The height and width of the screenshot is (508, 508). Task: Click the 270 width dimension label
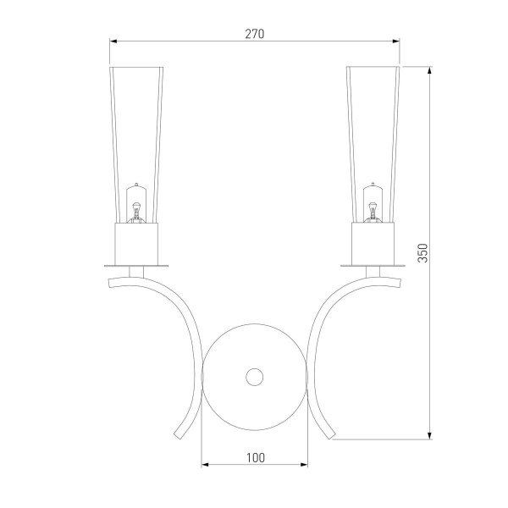pyautogui.click(x=254, y=34)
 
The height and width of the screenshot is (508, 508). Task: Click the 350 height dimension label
pyautogui.click(x=422, y=252)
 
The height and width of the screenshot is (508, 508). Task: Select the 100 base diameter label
pyautogui.click(x=256, y=458)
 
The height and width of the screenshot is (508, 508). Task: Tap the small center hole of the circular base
pyautogui.click(x=254, y=377)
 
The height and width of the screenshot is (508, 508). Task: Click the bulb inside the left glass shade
pyautogui.click(x=136, y=203)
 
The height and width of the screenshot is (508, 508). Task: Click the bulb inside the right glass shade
pyautogui.click(x=373, y=202)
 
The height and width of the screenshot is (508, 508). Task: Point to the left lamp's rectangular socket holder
pyautogui.click(x=136, y=244)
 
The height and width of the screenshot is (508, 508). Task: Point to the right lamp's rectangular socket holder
pyautogui.click(x=373, y=243)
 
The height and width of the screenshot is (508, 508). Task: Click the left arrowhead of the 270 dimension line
pyautogui.click(x=113, y=41)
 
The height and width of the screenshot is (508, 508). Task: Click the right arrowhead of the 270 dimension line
pyautogui.click(x=395, y=41)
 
